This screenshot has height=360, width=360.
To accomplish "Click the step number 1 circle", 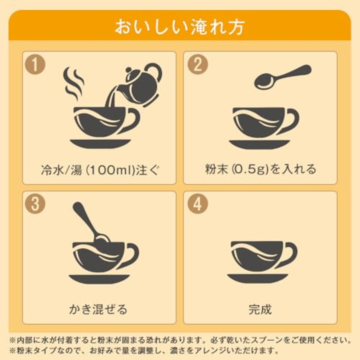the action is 35,64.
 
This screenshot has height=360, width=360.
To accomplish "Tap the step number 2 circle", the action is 198,64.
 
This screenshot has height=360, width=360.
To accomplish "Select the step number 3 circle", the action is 35,204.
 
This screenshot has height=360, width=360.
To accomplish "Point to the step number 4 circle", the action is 198,204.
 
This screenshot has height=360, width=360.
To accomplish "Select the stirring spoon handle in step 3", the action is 84,219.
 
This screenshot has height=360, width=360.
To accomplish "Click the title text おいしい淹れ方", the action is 180,28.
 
